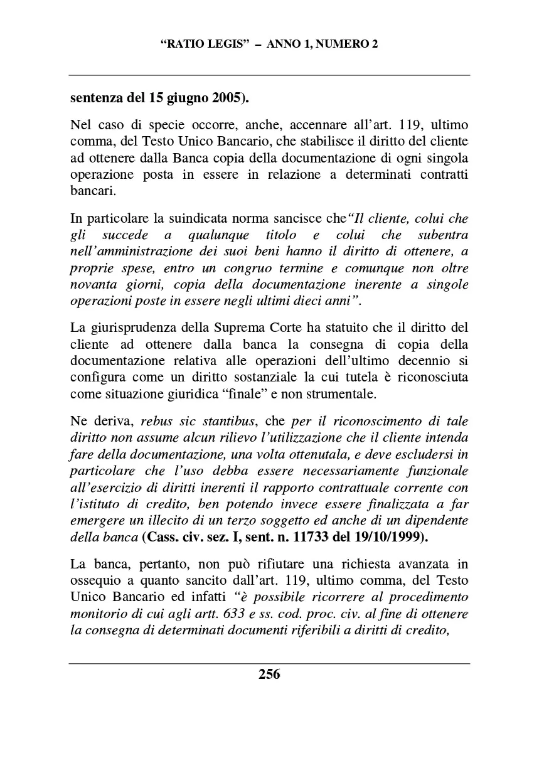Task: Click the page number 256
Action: click(269, 674)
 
